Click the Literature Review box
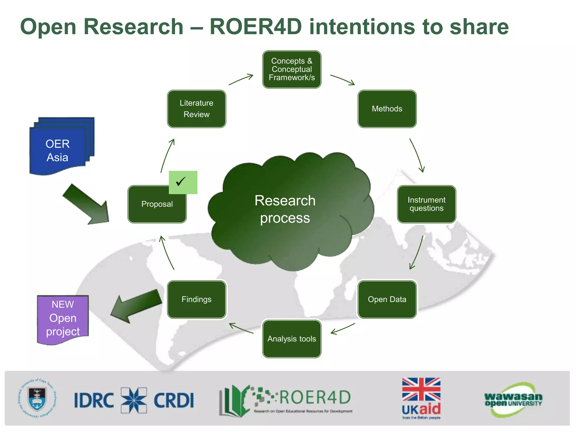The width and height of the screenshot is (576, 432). pos(196,109)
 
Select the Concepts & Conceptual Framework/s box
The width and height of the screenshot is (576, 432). pos(292,69)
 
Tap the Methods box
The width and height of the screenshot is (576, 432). pos(387,109)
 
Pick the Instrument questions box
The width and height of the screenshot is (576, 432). pos(426,204)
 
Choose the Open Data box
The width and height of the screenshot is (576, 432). pos(387,299)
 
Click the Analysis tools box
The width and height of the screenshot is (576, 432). pos(292,339)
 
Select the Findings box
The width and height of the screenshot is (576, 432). pos(196,299)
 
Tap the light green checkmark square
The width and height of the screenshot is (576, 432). pos(183,182)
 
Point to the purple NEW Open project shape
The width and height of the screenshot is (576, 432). pos(63,319)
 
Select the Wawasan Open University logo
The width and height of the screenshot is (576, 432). pos(513,399)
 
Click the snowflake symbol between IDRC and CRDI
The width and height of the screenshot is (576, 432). pos(134,400)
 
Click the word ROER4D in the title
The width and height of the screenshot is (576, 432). pos(256,27)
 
